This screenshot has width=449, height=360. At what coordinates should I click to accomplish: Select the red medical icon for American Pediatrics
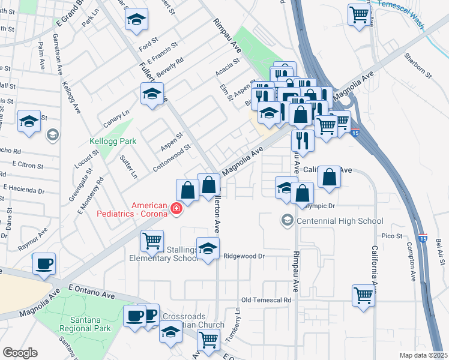click(176, 209)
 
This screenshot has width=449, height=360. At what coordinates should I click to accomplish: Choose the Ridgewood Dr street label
click(244, 256)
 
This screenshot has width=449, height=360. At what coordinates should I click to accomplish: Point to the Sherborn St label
click(418, 65)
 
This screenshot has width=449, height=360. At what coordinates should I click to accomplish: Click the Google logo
click(20, 353)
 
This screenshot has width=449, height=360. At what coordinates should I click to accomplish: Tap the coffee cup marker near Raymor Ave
click(43, 263)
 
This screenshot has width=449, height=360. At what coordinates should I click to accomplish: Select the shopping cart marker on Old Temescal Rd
click(364, 295)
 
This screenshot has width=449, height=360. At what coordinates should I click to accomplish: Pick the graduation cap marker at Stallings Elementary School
click(208, 249)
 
